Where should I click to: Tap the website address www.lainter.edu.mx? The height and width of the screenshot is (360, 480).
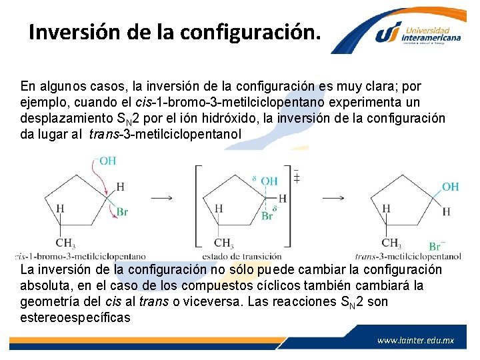pos(415,340)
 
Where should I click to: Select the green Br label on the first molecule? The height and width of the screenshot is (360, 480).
pos(122,212)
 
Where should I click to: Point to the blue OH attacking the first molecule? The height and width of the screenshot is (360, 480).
pos(107,161)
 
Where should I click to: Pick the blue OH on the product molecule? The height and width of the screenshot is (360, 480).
pos(451,187)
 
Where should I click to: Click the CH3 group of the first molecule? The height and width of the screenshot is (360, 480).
pos(65,243)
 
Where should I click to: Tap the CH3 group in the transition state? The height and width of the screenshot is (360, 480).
pos(223,243)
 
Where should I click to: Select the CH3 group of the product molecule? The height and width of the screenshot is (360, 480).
pos(391,243)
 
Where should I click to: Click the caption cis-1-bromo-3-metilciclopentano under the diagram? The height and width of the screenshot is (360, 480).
pos(80,256)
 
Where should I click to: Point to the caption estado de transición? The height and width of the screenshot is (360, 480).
pos(242,256)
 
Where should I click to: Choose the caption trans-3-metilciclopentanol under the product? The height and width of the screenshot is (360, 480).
pos(408,256)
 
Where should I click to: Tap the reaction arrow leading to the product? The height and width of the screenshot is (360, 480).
pos(334,197)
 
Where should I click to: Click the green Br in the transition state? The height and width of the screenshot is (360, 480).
pos(267,216)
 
